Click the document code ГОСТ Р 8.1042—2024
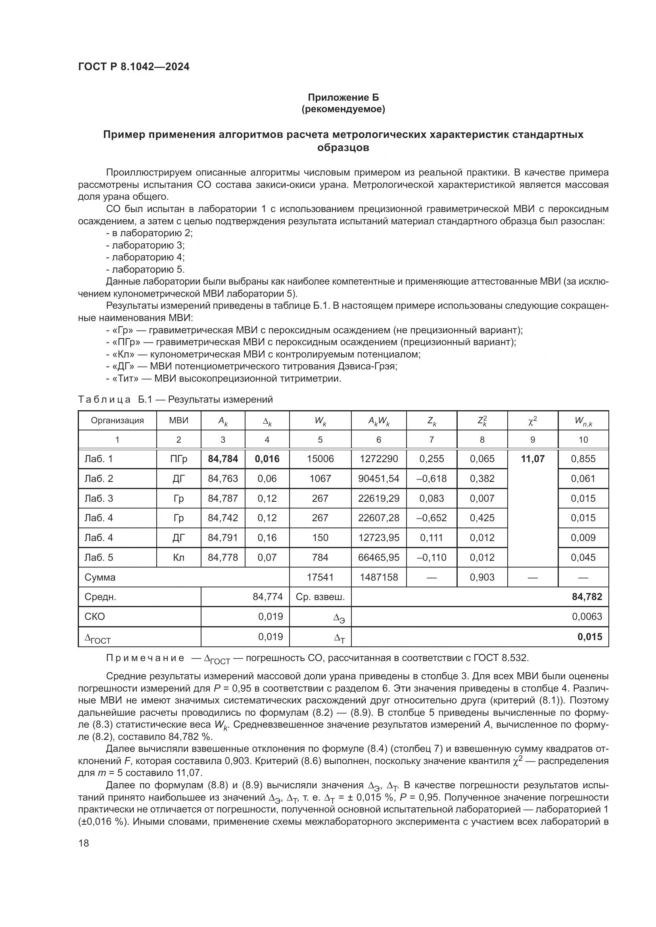(x=134, y=67)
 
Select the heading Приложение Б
(x=343, y=97)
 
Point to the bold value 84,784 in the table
(x=223, y=459)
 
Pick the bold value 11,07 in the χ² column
(x=532, y=459)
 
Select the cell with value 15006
(x=320, y=459)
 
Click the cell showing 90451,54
(x=378, y=478)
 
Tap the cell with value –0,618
(x=432, y=478)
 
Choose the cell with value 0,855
(x=583, y=459)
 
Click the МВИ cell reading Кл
(x=178, y=557)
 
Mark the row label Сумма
(x=100, y=577)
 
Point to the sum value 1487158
(x=378, y=577)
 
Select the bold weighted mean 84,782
(x=587, y=597)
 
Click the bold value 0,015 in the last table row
(x=590, y=637)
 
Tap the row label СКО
(x=94, y=617)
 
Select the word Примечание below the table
(x=146, y=658)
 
